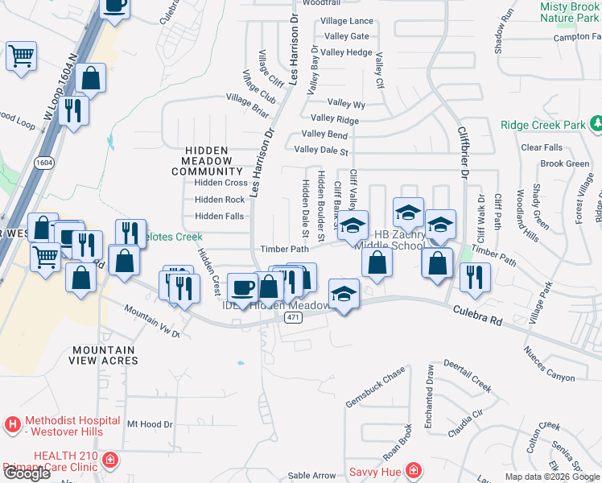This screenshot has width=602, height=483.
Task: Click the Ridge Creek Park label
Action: click(x=542, y=126)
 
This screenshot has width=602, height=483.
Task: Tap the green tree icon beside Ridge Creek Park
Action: click(x=596, y=125)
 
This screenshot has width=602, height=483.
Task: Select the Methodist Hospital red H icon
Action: click(x=13, y=423)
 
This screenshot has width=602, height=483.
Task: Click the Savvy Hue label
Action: click(x=374, y=471)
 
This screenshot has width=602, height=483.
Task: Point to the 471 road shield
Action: click(x=292, y=318)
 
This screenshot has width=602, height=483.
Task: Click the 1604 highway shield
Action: click(x=44, y=162)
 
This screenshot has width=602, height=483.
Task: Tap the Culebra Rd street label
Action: click(x=477, y=315)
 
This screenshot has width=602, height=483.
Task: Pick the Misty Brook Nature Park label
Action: click(x=569, y=11)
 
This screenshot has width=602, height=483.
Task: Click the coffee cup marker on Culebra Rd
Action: click(x=243, y=287)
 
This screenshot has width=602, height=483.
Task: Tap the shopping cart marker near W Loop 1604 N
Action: click(x=21, y=56)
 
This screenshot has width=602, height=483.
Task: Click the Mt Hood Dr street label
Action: click(x=150, y=423)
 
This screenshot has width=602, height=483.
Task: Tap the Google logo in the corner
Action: click(x=27, y=473)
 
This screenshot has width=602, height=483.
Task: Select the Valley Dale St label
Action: click(x=321, y=150)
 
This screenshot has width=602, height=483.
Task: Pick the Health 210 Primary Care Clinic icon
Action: click(x=110, y=460)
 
